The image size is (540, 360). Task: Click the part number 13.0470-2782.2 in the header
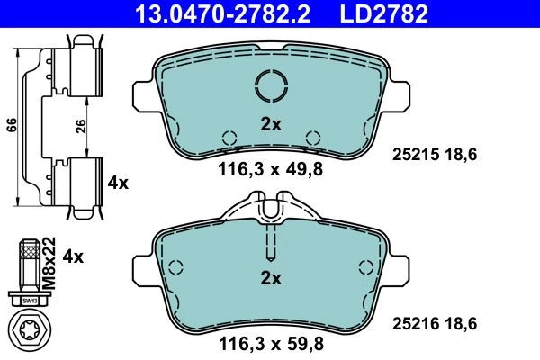click(x=223, y=13)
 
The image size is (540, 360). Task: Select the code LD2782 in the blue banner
click(x=384, y=13)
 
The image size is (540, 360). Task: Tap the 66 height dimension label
click(x=12, y=125)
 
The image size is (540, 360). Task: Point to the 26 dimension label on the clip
click(x=80, y=127)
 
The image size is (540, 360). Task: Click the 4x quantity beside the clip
click(x=118, y=183)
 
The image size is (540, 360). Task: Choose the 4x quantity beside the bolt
click(x=73, y=256)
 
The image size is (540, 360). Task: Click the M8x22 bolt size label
click(x=49, y=263)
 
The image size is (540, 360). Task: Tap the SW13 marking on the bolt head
click(x=30, y=301)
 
